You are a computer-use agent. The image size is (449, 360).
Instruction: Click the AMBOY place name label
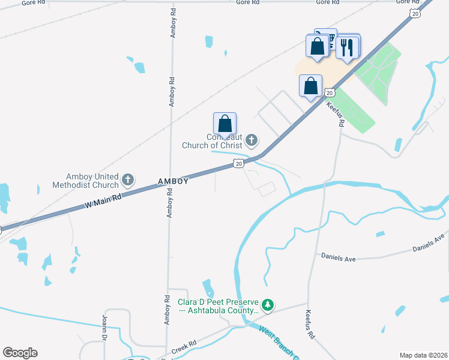(173, 181)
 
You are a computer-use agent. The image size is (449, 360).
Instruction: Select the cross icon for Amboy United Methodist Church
(127, 179)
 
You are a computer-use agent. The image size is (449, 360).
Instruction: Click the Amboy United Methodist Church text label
(93, 179)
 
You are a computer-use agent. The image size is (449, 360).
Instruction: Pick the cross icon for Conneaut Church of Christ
(252, 141)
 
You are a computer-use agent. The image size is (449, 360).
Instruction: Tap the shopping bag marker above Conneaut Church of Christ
(225, 124)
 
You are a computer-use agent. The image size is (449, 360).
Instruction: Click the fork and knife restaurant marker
(347, 47)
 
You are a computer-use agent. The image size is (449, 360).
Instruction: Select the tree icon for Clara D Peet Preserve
(268, 305)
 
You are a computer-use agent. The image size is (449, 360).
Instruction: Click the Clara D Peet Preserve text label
(218, 306)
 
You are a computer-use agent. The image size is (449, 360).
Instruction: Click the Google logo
(20, 353)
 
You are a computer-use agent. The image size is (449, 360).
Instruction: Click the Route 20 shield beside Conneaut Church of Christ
(238, 163)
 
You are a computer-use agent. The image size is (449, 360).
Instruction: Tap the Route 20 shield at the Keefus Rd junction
(330, 92)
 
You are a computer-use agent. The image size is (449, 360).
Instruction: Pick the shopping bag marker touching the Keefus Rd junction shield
(311, 85)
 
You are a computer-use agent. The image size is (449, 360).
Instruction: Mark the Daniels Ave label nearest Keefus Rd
(339, 258)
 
